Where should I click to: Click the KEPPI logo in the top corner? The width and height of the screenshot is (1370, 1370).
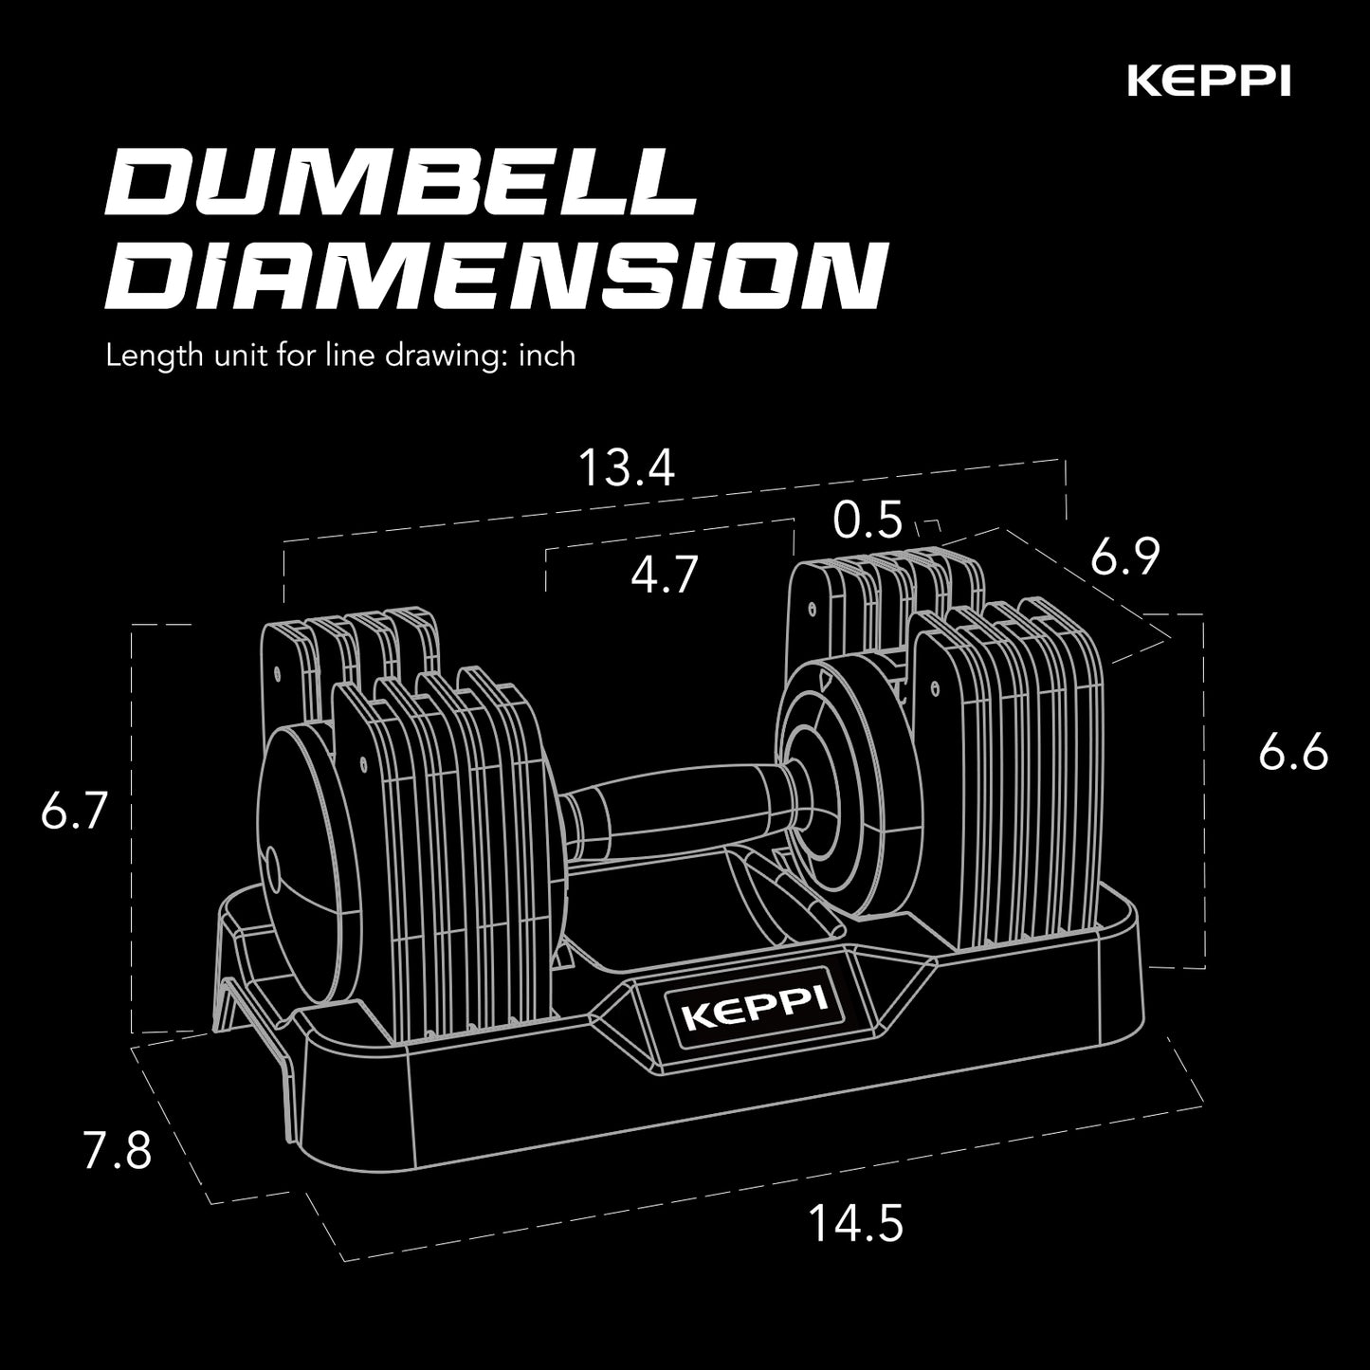1208,82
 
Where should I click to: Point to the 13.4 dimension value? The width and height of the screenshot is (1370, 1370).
627,468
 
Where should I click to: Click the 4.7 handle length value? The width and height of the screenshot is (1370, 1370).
665,575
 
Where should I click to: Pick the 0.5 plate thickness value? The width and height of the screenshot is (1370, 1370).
867,521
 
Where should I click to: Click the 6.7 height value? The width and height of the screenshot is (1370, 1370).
71,813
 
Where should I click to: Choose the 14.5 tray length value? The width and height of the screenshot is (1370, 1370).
855,1223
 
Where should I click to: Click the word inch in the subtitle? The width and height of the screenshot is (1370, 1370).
548,356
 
